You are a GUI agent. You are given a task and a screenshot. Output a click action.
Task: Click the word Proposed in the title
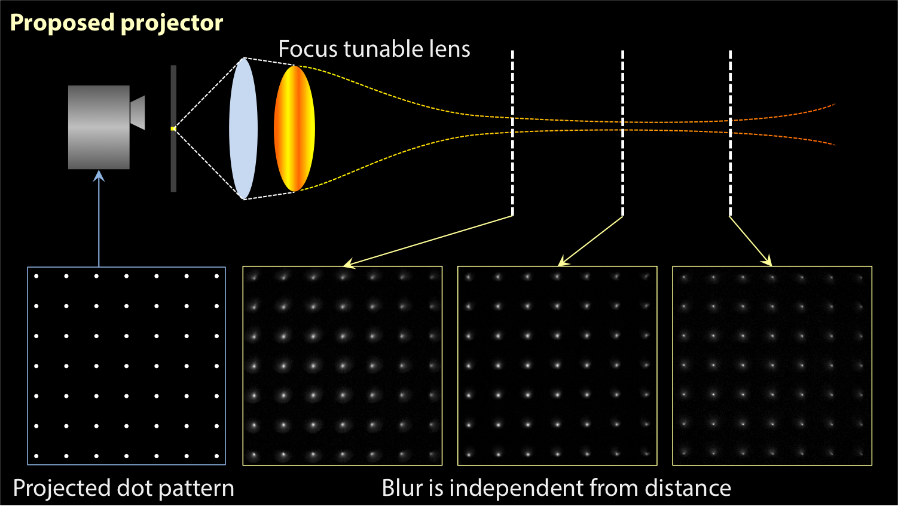62,23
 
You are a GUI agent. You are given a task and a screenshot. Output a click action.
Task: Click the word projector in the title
172,23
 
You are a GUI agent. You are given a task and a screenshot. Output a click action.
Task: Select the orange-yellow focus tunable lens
294,128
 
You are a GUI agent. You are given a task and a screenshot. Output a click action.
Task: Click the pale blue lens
243,128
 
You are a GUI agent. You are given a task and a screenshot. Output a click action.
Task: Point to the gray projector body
99,127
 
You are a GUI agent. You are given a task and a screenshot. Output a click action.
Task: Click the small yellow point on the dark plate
173,128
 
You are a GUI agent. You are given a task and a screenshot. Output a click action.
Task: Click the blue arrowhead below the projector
99,176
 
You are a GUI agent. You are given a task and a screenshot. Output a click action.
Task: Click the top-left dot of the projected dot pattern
36,276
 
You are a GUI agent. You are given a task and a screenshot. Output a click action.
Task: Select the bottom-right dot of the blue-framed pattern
216,456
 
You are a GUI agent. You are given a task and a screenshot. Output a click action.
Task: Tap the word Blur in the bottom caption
401,488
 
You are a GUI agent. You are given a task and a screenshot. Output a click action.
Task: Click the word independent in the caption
516,488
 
